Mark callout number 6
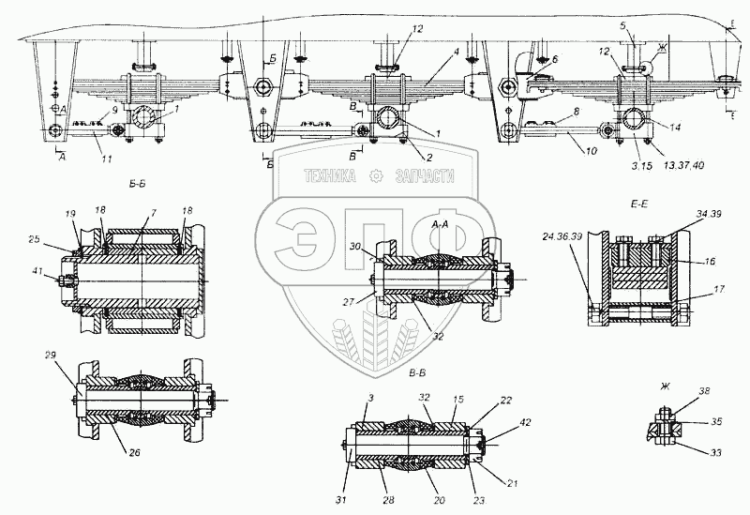pos(554,58)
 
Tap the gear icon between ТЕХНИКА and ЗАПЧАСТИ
pos(377,174)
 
